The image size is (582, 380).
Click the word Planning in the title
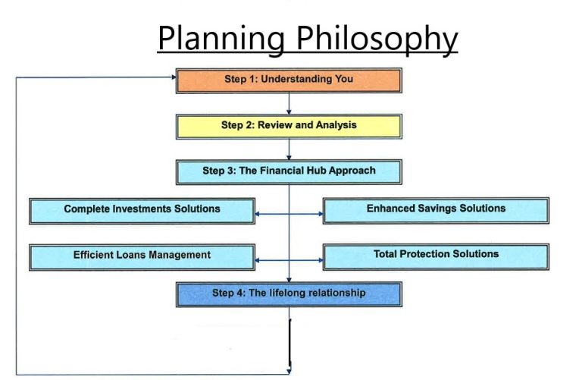[221, 39]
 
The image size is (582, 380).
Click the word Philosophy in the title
[377, 39]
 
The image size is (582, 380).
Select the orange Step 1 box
[289, 80]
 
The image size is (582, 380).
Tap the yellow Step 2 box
[289, 127]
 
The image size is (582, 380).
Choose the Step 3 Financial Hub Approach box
[289, 172]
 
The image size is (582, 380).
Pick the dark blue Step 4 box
[289, 294]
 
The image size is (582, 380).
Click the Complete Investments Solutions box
[142, 211]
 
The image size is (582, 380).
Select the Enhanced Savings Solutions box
[436, 211]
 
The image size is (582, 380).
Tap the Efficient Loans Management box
[142, 257]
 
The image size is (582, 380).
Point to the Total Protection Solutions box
[436, 256]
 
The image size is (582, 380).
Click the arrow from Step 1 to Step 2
[289, 104]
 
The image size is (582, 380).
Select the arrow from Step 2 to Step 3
[289, 149]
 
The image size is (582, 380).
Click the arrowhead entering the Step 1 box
[174, 77]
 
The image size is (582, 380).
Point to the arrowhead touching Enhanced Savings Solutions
[321, 214]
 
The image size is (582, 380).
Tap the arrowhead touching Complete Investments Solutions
[258, 214]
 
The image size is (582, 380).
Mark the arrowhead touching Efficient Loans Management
[258, 260]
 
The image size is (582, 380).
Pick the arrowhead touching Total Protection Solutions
[321, 260]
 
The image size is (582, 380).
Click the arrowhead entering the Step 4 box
[289, 280]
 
